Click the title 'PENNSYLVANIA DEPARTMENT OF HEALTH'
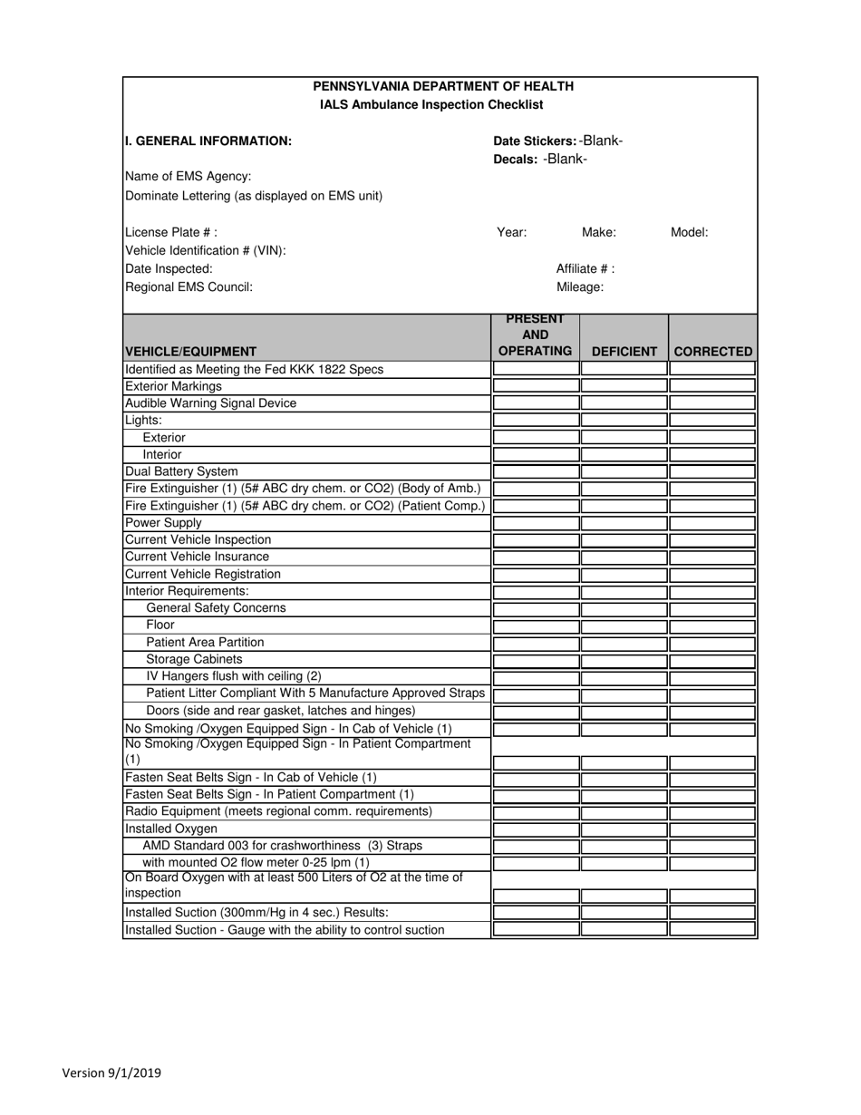coord(442,86)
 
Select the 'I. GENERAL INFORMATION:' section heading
coord(208,141)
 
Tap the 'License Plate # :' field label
coord(171,232)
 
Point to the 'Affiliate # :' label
coord(585,268)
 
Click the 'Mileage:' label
coord(580,286)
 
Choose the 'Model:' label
coord(689,232)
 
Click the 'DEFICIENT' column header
coord(624,351)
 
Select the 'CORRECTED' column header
coord(712,351)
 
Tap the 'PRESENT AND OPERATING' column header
coord(536,335)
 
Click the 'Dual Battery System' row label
coord(181,471)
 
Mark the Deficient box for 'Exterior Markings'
coord(624,386)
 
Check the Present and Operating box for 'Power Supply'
coord(536,523)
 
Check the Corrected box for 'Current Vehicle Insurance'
coord(712,557)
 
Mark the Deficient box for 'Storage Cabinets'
coord(624,660)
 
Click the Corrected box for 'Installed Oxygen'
coord(712,829)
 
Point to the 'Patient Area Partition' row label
coord(205,643)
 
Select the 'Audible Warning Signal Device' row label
coord(210,403)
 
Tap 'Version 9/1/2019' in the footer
coord(111,1073)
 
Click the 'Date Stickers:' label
coord(535,141)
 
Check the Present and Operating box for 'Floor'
coord(536,625)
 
